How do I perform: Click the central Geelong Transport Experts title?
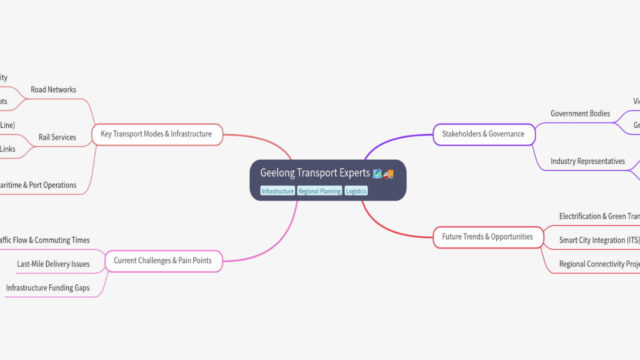(x=315, y=173)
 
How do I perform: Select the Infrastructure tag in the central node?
(x=277, y=191)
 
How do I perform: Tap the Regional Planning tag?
(x=319, y=191)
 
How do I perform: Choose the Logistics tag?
(x=356, y=191)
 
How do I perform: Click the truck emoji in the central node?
(x=389, y=174)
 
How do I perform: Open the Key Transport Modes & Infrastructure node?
(x=156, y=134)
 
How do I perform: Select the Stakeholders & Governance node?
(x=483, y=134)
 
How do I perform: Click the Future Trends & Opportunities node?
(x=487, y=237)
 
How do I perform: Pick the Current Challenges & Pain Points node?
(x=162, y=260)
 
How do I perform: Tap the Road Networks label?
(x=53, y=90)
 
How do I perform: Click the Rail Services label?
(x=57, y=137)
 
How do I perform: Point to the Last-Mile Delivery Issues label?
(x=53, y=264)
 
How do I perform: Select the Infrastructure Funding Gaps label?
(x=48, y=288)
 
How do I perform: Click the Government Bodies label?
(x=580, y=113)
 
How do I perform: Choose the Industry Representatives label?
(x=587, y=161)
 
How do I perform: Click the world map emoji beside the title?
(x=377, y=174)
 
